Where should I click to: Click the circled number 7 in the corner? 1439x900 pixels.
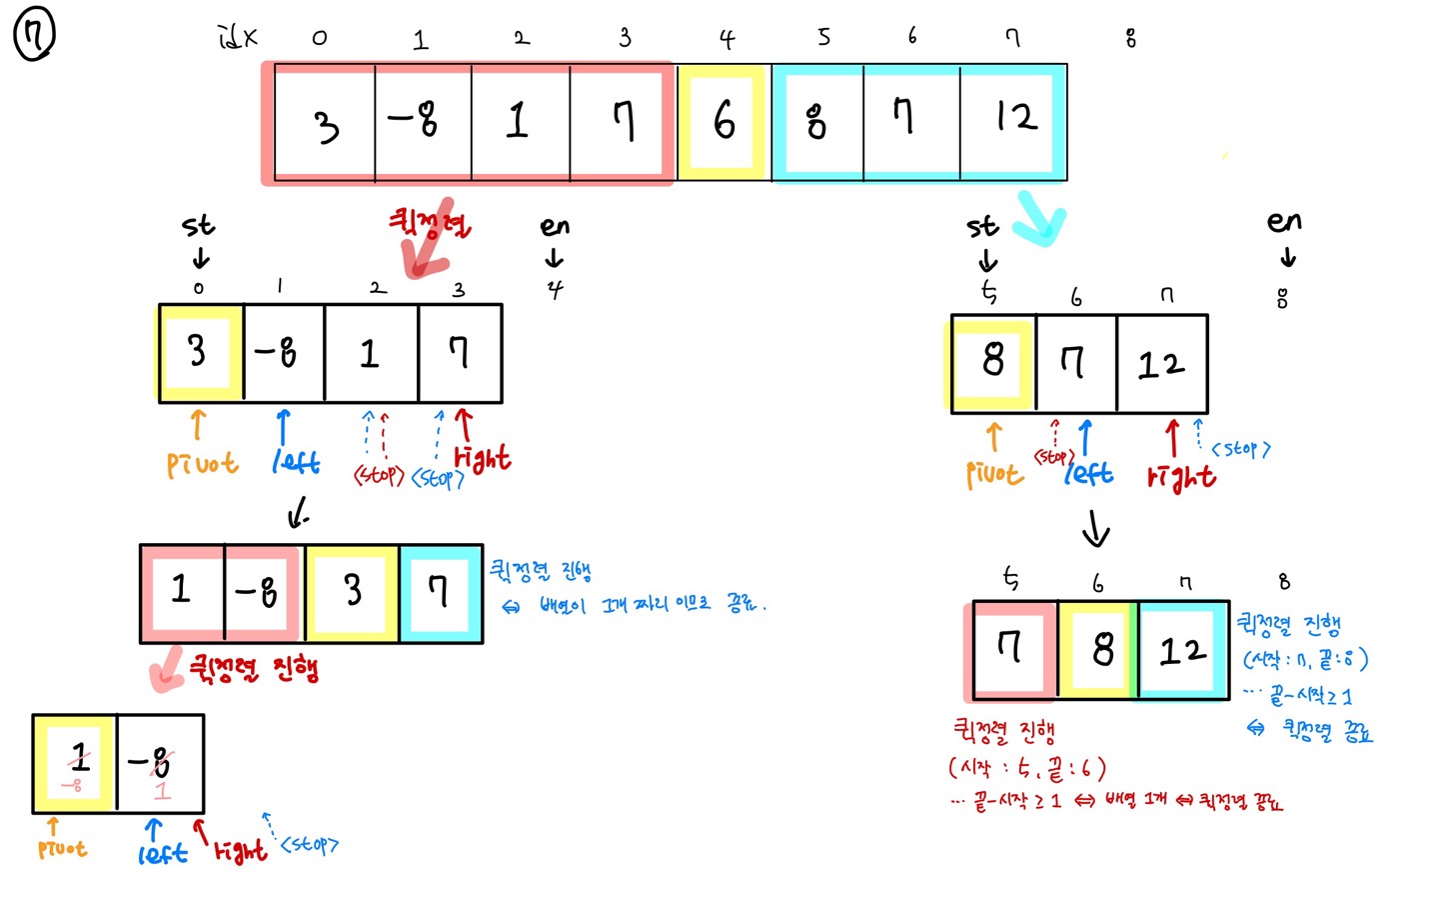[34, 36]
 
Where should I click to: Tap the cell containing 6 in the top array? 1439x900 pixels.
[723, 122]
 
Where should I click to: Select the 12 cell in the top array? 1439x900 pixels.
[1014, 120]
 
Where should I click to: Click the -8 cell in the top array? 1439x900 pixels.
[414, 122]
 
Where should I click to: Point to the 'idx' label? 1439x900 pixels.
[238, 38]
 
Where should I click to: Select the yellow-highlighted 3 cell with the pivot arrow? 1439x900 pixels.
[199, 352]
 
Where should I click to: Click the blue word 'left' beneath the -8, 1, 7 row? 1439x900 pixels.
[296, 462]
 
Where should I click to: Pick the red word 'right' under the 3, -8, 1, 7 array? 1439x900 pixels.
[483, 458]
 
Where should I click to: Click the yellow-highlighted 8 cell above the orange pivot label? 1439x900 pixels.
[991, 362]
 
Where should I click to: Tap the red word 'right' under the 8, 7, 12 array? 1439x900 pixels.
[1181, 476]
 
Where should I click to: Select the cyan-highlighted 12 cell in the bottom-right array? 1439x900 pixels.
[1183, 651]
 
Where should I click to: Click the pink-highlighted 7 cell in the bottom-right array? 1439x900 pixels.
[1010, 649]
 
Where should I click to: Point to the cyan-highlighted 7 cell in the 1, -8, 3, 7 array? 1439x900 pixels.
[439, 592]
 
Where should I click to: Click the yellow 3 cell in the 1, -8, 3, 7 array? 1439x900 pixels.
[352, 592]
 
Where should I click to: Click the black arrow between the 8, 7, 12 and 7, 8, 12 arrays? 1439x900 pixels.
[1096, 529]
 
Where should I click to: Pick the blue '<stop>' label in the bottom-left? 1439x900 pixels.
[309, 845]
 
